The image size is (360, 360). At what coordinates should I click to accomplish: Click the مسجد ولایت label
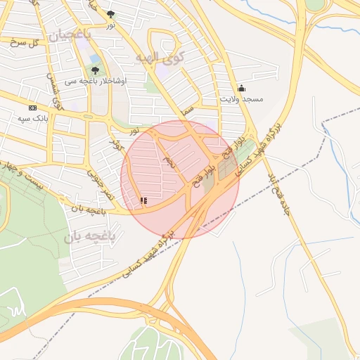coord(241,99)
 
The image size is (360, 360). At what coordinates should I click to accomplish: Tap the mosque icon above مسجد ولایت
coord(242,88)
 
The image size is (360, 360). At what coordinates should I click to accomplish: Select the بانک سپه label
coord(32,117)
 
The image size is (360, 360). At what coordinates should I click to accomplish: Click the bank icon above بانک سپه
coord(32,108)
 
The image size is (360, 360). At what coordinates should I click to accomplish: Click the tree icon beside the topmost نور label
coord(110,13)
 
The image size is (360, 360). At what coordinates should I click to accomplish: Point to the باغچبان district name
coord(70,33)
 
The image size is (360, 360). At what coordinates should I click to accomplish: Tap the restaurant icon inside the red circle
coord(143,201)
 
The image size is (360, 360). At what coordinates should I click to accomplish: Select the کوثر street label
coord(115,143)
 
